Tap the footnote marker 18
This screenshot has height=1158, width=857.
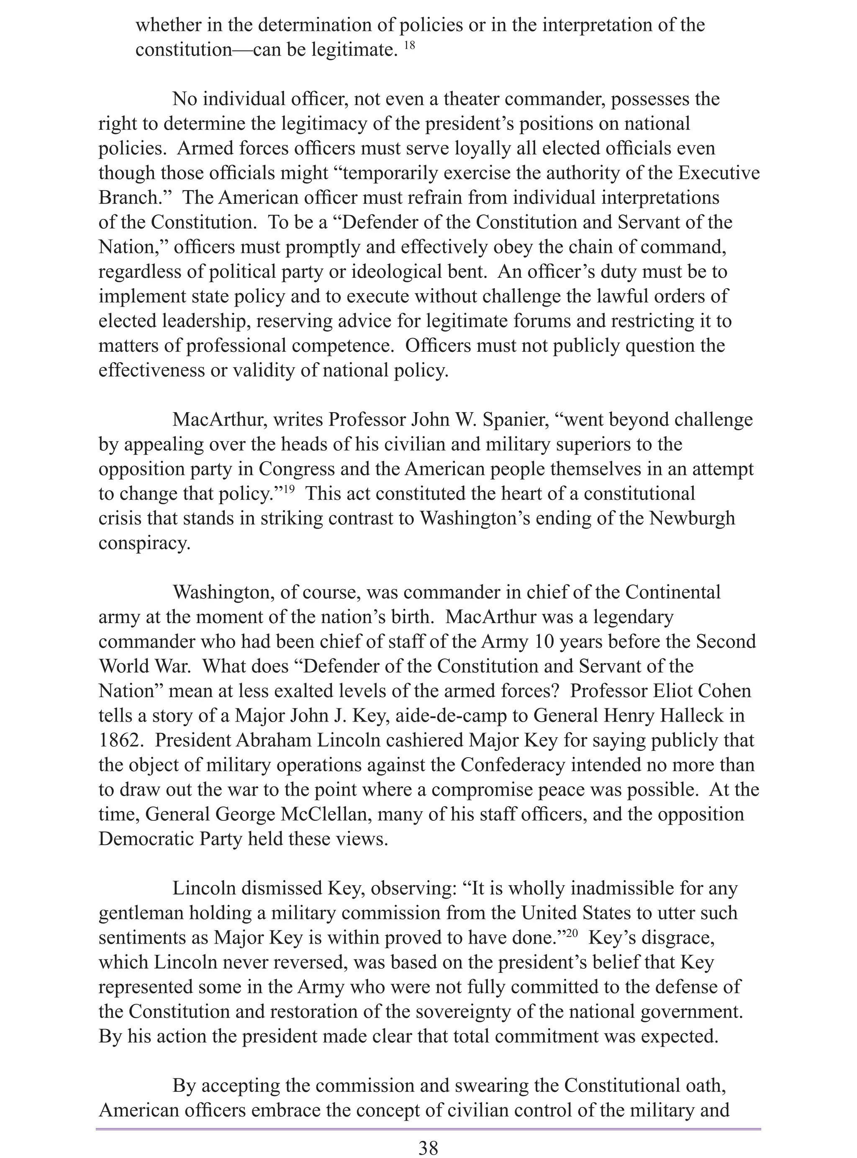[x=409, y=46]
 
